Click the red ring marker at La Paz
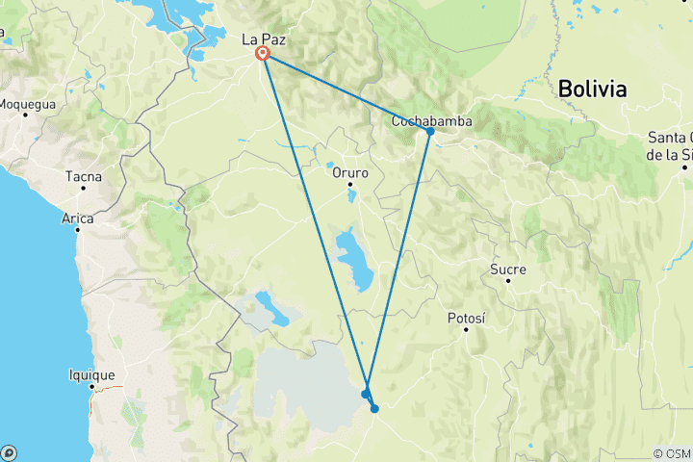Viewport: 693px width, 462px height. coord(262,54)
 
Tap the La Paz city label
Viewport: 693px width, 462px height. coord(263,39)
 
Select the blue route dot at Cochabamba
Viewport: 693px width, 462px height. coord(430,131)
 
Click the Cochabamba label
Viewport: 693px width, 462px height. coord(430,121)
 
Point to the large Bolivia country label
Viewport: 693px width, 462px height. coord(592,90)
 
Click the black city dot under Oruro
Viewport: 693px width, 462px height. coord(351,183)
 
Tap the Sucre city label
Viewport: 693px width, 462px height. coord(508,269)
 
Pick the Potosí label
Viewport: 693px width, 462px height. coord(467,318)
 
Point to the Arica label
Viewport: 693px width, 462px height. coord(78,218)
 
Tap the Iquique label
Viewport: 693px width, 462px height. coord(92,375)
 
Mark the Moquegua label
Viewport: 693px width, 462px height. coord(27,104)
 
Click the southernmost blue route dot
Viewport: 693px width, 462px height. coord(374,408)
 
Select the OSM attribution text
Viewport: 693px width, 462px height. coord(671,453)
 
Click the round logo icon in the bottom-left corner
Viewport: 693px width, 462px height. coord(9,452)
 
